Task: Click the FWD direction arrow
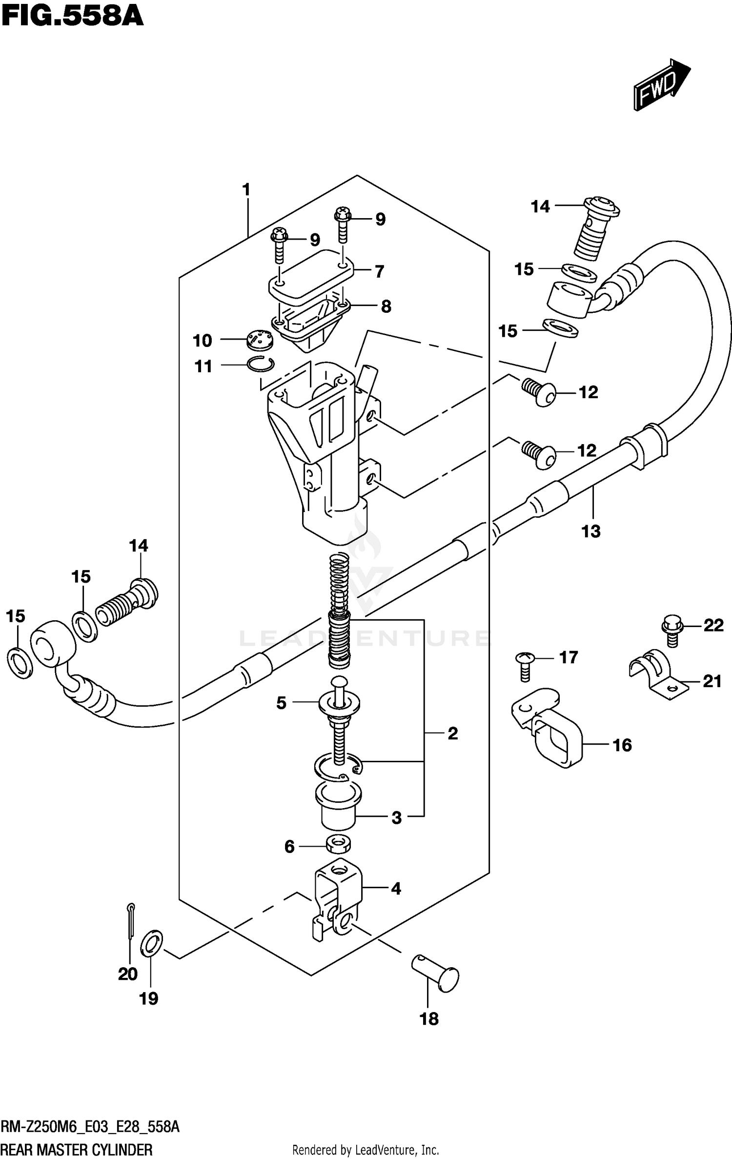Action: coord(661,85)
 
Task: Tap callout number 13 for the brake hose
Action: coord(590,531)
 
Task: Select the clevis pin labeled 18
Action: coord(436,976)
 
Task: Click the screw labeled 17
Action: coord(524,666)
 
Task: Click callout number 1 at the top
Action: coord(246,189)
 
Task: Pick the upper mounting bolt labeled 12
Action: coord(539,390)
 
